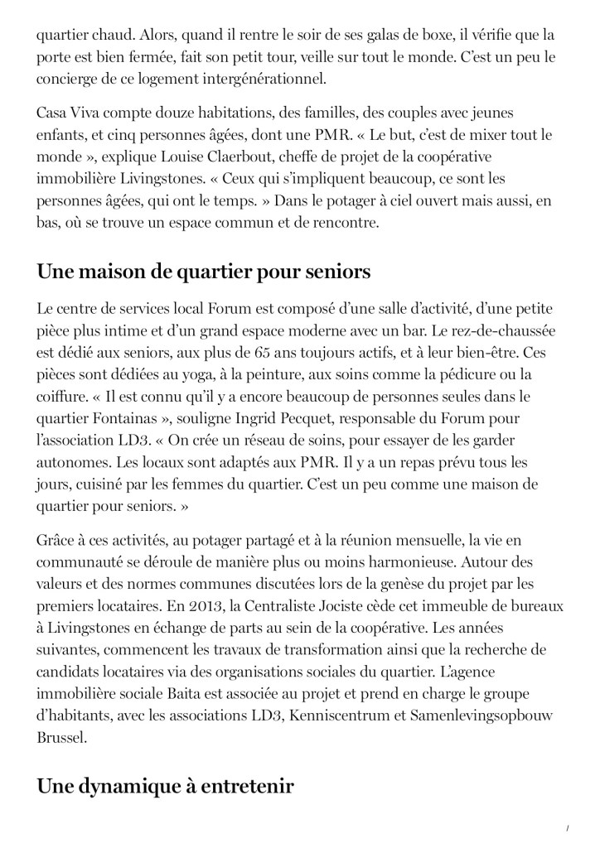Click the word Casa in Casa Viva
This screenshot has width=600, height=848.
(x=53, y=112)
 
